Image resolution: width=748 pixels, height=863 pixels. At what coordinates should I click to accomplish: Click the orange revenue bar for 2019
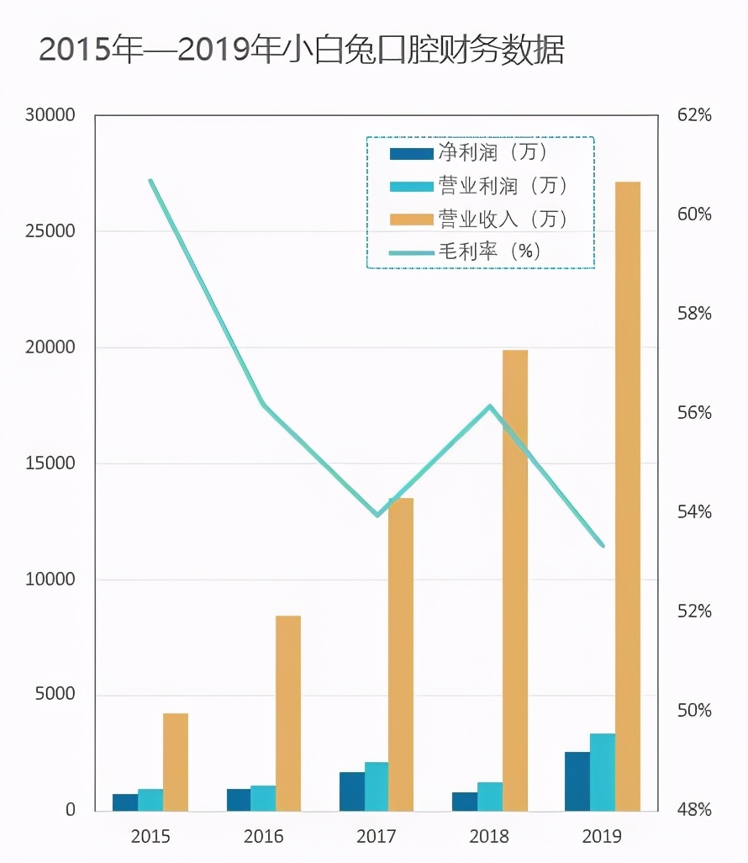pyautogui.click(x=627, y=496)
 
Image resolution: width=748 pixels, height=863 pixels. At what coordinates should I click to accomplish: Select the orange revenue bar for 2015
pyautogui.click(x=176, y=762)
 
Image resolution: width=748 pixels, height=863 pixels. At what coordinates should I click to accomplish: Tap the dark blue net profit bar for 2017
pyautogui.click(x=351, y=792)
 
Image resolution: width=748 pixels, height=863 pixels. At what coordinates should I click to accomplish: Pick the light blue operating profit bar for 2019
pyautogui.click(x=602, y=772)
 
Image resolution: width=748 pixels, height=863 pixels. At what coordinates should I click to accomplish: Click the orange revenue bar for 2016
pyautogui.click(x=288, y=713)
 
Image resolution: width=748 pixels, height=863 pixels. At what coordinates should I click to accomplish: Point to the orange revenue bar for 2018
pyautogui.click(x=514, y=580)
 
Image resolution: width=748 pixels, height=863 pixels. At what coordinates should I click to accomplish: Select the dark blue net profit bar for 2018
pyautogui.click(x=464, y=802)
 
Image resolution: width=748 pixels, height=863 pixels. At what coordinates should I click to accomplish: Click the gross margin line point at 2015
pyautogui.click(x=151, y=180)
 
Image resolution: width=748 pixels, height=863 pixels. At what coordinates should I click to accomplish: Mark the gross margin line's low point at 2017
pyautogui.click(x=377, y=515)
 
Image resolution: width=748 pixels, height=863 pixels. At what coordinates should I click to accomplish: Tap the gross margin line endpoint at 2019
pyautogui.click(x=603, y=545)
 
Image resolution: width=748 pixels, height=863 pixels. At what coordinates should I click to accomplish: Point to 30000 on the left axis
pyautogui.click(x=50, y=115)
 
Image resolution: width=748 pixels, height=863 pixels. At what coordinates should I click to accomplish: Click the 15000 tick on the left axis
pyautogui.click(x=50, y=463)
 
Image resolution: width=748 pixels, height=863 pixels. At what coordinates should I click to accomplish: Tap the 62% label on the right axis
pyautogui.click(x=694, y=115)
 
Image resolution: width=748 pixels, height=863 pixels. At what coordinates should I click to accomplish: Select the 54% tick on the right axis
pyautogui.click(x=694, y=512)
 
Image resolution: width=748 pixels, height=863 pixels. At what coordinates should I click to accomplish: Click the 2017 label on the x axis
pyautogui.click(x=377, y=836)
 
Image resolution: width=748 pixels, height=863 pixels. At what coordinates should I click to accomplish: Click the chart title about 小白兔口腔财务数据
pyautogui.click(x=302, y=50)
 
